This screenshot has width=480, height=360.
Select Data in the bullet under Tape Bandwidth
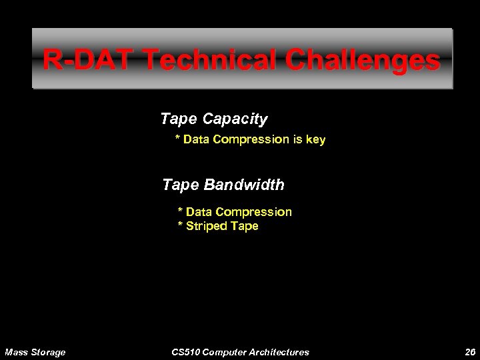click(x=199, y=212)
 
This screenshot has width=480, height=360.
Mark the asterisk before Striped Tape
click(x=180, y=226)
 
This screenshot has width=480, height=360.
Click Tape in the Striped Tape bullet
click(x=246, y=226)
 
